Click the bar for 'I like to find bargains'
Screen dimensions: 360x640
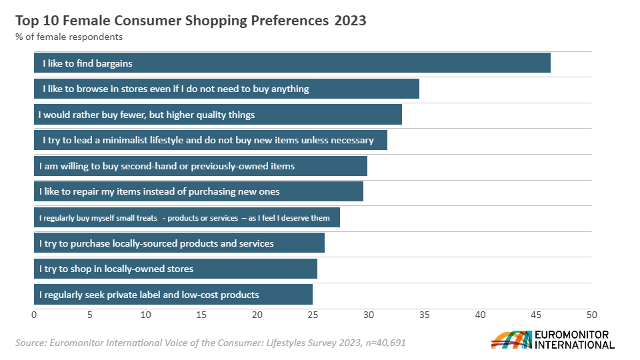point(292,63)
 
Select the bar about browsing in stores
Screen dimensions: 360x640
point(227,89)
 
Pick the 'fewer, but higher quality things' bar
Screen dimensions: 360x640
point(218,115)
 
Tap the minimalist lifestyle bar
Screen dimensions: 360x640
point(211,140)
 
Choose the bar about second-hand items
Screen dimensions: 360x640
point(201,166)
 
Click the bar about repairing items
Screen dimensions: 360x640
point(199,191)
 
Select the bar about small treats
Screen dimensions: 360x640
point(187,217)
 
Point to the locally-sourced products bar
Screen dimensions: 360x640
point(179,243)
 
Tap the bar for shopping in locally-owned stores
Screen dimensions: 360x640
point(175,269)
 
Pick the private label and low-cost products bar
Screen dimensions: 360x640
point(173,294)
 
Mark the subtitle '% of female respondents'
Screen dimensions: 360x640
point(69,37)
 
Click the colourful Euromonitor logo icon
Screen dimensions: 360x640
point(511,339)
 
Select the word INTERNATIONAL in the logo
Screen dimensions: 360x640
point(575,345)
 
